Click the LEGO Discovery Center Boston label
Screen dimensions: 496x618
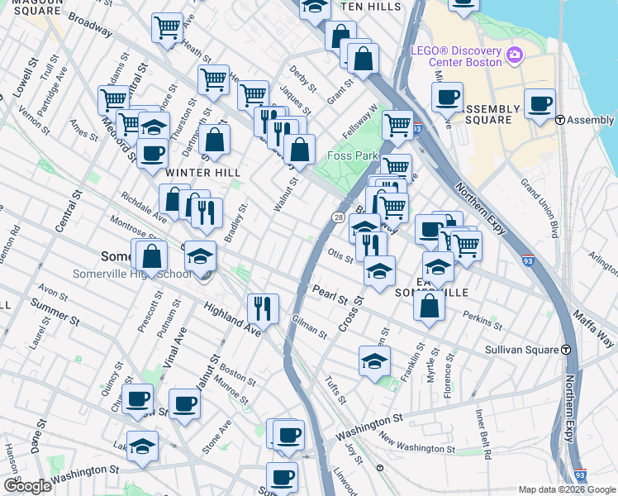tap(457, 56)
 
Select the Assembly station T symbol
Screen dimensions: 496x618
tap(560, 120)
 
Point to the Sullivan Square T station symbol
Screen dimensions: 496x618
tap(567, 350)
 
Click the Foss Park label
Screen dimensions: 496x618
tap(352, 156)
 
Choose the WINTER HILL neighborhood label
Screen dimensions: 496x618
tap(203, 173)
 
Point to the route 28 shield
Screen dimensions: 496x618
tap(339, 217)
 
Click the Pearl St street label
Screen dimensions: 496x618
tap(330, 295)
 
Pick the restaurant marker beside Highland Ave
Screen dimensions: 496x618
tap(263, 309)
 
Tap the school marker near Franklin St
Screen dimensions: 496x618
tap(373, 361)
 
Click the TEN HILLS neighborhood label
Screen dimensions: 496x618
tap(371, 7)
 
